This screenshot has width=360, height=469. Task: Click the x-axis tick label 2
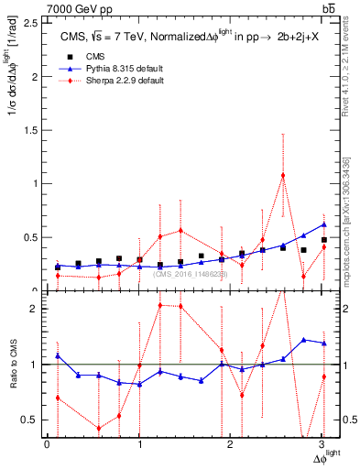231,444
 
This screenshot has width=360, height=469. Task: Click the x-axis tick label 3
322,444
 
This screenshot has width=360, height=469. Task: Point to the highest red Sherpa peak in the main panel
283,175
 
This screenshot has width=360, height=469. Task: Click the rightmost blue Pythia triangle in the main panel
324,224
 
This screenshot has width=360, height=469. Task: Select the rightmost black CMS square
324,240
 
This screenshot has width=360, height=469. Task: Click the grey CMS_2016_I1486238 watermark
191,274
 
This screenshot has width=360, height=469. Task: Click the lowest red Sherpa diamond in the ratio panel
99,428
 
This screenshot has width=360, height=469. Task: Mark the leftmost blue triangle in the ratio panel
58,355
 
